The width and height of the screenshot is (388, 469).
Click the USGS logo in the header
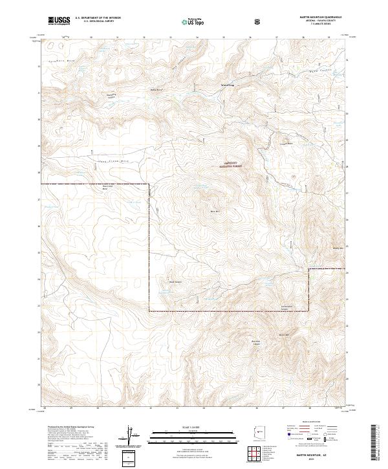(59, 21)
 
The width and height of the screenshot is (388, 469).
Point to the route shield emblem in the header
(259, 21)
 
